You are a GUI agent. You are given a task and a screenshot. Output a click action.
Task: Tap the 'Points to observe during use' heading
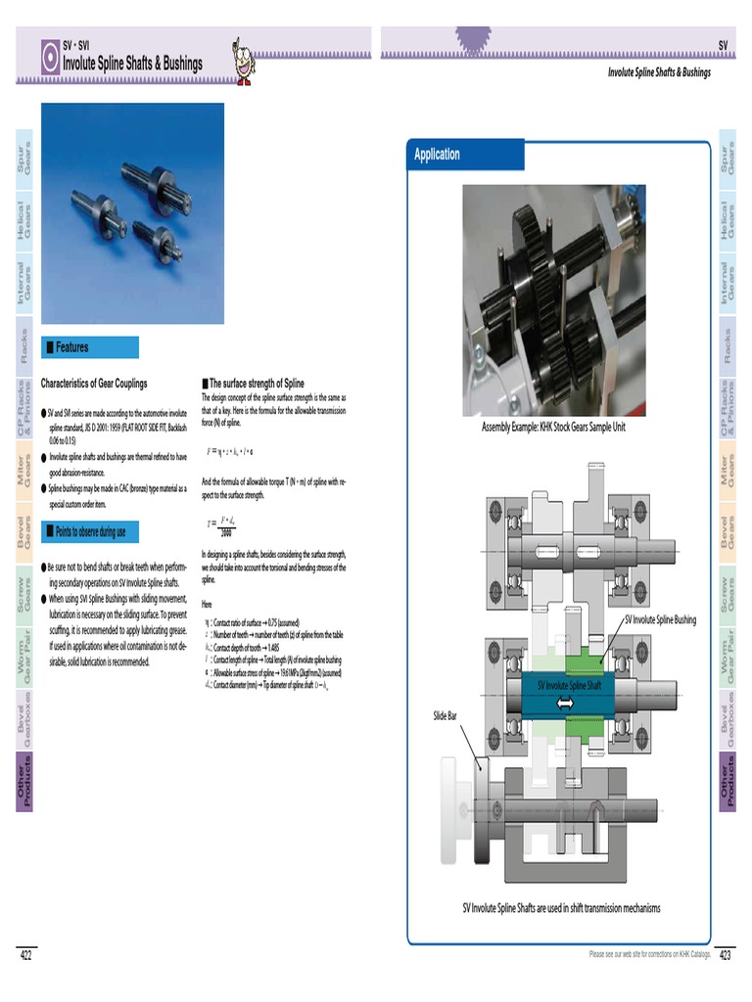(90, 532)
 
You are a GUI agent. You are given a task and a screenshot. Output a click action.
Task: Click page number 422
(26, 955)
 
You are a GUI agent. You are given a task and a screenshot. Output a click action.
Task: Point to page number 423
(726, 955)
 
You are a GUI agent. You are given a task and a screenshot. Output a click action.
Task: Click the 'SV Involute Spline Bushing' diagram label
(660, 619)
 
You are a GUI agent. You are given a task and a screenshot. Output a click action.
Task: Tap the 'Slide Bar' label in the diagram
(446, 717)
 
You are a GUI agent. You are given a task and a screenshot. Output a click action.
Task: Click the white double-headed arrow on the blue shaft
(565, 703)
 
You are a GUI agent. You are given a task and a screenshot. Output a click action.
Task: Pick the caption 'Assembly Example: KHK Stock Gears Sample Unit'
(552, 428)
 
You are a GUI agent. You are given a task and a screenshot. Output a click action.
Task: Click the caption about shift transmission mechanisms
(561, 908)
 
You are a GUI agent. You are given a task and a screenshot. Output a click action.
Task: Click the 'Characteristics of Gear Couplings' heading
(94, 384)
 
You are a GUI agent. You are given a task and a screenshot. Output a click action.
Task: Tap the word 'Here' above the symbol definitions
(207, 604)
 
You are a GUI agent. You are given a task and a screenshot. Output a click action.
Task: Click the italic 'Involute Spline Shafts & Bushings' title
(658, 72)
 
